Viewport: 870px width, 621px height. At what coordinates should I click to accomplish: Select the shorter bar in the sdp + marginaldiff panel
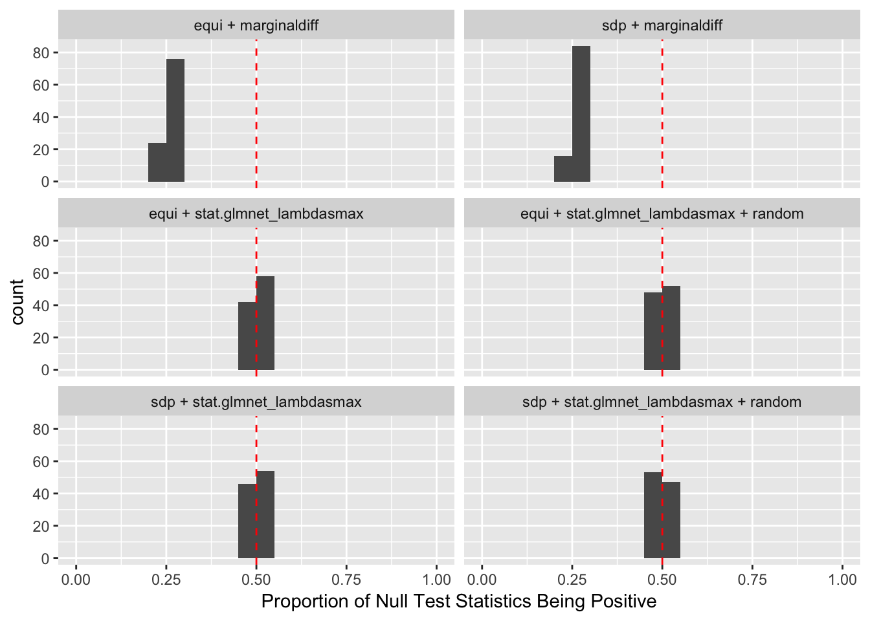point(563,168)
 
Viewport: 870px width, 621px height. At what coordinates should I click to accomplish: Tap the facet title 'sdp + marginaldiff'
point(662,26)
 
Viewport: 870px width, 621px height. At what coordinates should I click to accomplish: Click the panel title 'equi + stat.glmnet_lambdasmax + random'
point(662,213)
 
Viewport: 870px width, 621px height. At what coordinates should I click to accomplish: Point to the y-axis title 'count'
point(17,302)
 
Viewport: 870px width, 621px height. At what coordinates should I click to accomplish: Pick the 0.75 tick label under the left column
point(346,579)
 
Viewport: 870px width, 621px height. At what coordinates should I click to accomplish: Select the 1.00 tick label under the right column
point(842,579)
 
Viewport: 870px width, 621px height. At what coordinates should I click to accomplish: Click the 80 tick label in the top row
point(41,53)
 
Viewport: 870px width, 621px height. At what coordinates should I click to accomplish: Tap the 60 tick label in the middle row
point(41,273)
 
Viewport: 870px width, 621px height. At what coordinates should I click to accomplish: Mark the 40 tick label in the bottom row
point(41,494)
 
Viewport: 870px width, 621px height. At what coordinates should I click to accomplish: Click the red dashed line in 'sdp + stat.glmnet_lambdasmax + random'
point(662,440)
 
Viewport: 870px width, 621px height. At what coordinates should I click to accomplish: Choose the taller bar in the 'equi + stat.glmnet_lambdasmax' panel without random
point(265,323)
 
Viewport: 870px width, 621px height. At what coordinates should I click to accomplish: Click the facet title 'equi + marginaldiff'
point(256,26)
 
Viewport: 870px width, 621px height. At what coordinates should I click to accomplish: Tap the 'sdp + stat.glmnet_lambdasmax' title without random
point(256,402)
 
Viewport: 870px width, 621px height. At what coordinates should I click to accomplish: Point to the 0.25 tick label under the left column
point(166,579)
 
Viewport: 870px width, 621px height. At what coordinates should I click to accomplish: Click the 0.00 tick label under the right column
point(482,579)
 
